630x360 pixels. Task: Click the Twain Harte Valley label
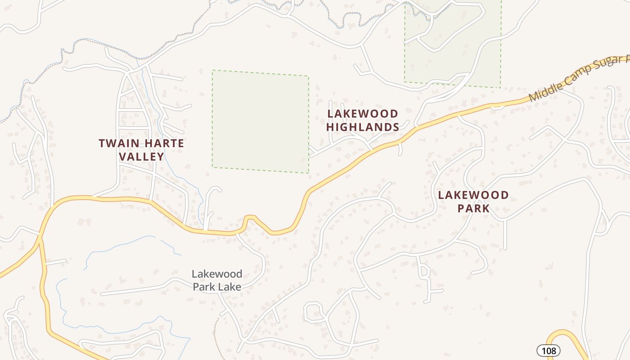coord(141,150)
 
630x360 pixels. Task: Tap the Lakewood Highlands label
coord(363,120)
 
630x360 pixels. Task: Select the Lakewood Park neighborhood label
coord(473,202)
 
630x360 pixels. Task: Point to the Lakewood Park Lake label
coord(217,280)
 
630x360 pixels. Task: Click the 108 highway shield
coord(549,351)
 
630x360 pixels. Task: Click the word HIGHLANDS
coord(363,127)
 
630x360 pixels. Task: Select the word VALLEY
coord(141,157)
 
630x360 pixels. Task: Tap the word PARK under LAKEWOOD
coord(473,208)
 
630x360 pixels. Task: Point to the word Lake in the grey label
coord(230,287)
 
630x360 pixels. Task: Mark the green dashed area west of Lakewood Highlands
coord(261,121)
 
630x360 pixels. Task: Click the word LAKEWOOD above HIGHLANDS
coord(363,114)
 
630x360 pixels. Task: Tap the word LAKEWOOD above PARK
coord(473,195)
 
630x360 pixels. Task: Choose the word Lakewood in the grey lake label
coord(217,274)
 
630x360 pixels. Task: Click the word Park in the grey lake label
coord(205,287)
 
